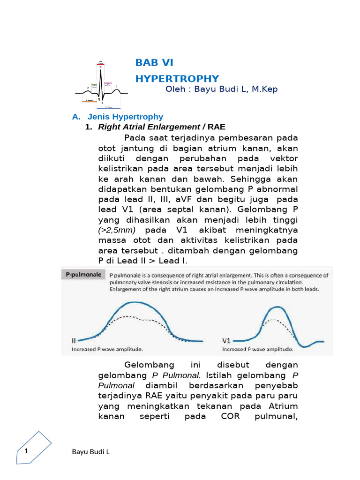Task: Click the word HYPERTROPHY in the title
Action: coord(177,78)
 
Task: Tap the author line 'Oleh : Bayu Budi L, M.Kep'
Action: coord(222,89)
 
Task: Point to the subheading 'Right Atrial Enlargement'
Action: coord(149,127)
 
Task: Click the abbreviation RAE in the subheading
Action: coord(217,127)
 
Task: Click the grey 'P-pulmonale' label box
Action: coord(82,275)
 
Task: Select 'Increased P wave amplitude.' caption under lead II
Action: coord(107,349)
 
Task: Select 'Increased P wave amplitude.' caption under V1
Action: coord(257,349)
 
